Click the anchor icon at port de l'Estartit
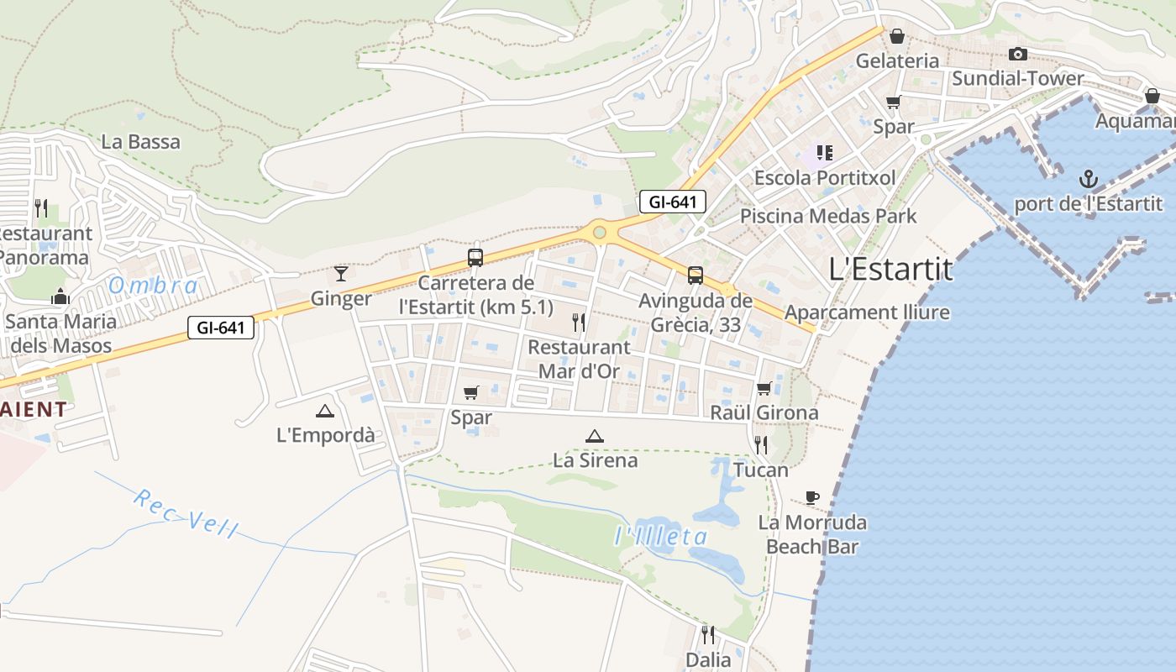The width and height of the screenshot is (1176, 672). click(1088, 179)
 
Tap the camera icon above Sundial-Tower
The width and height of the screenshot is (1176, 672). click(1017, 54)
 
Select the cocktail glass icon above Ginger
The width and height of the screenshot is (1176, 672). click(341, 273)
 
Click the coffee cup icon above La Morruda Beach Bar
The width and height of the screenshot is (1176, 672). click(811, 497)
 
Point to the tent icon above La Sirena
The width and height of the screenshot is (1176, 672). click(595, 436)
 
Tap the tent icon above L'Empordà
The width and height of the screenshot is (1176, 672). click(325, 411)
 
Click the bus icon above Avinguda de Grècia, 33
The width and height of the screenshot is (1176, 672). click(695, 275)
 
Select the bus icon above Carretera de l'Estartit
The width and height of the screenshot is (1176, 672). click(475, 257)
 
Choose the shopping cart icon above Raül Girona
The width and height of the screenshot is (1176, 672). click(764, 388)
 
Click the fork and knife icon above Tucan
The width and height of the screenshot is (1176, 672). click(761, 444)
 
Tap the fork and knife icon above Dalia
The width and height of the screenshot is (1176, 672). click(708, 634)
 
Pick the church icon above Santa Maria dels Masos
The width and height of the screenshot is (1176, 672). click(60, 296)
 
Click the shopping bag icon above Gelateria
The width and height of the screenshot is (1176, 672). click(897, 36)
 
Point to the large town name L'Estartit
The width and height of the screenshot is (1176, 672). click(890, 270)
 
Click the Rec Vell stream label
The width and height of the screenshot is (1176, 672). click(186, 512)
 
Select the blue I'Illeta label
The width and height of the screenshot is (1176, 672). click(661, 536)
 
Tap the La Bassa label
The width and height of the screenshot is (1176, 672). click(140, 141)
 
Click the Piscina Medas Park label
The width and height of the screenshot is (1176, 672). click(827, 216)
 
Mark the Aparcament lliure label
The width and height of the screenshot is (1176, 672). click(866, 312)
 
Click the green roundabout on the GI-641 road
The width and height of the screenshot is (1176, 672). click(599, 232)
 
